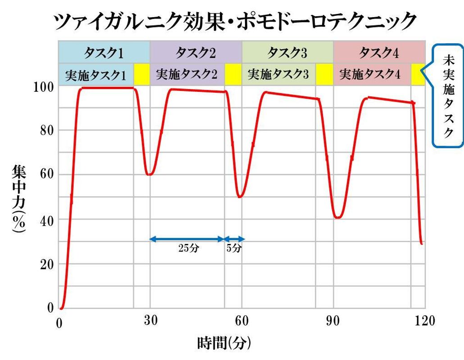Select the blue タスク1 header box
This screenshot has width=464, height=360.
104,53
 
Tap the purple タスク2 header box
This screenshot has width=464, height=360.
196,53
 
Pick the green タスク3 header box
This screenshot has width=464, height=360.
287,53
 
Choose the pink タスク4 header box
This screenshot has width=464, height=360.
379,53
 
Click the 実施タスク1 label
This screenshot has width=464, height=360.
96,75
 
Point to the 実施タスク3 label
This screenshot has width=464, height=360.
278,75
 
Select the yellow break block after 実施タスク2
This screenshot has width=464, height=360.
233,75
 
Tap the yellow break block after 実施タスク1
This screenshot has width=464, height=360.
141,75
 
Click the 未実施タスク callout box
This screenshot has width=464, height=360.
447,95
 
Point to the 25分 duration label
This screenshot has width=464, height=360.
187,248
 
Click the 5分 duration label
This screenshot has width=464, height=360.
234,248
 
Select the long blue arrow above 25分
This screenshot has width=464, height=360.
187,239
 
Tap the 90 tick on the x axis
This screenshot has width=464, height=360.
334,321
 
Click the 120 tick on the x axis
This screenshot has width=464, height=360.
425,321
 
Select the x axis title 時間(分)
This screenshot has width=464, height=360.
224,344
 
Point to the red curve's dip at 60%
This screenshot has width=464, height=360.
150,174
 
